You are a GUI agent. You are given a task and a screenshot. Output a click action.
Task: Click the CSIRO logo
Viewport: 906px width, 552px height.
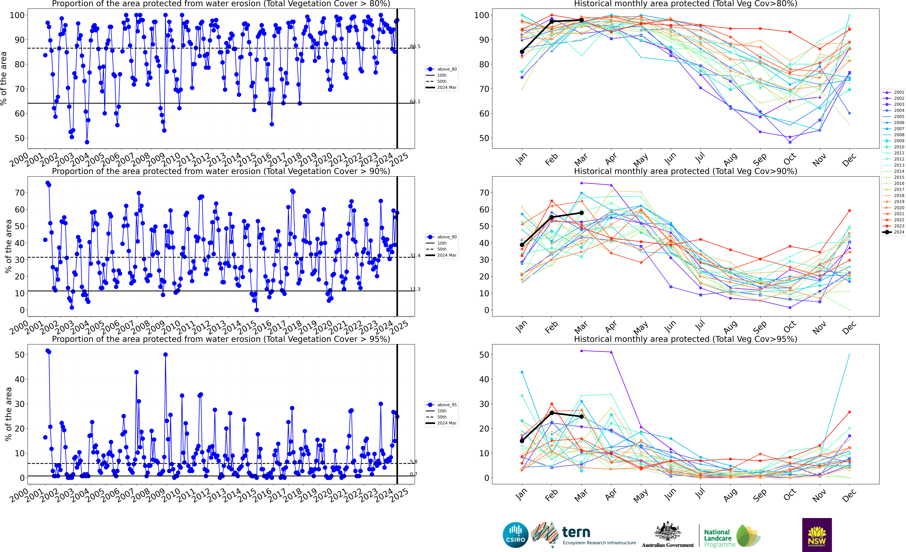(x=515, y=535)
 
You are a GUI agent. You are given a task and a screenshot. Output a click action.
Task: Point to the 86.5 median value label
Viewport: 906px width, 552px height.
(x=415, y=46)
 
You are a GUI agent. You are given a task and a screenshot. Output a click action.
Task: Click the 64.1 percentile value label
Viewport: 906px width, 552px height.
(x=415, y=102)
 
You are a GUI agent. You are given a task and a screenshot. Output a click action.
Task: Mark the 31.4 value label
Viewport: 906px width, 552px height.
(x=415, y=255)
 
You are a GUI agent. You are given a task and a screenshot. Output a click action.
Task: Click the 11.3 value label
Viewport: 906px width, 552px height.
(x=415, y=289)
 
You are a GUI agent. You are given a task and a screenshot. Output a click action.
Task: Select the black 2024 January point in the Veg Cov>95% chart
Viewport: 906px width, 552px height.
(x=522, y=441)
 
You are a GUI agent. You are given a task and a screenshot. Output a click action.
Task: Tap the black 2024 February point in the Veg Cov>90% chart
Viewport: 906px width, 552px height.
(x=552, y=218)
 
